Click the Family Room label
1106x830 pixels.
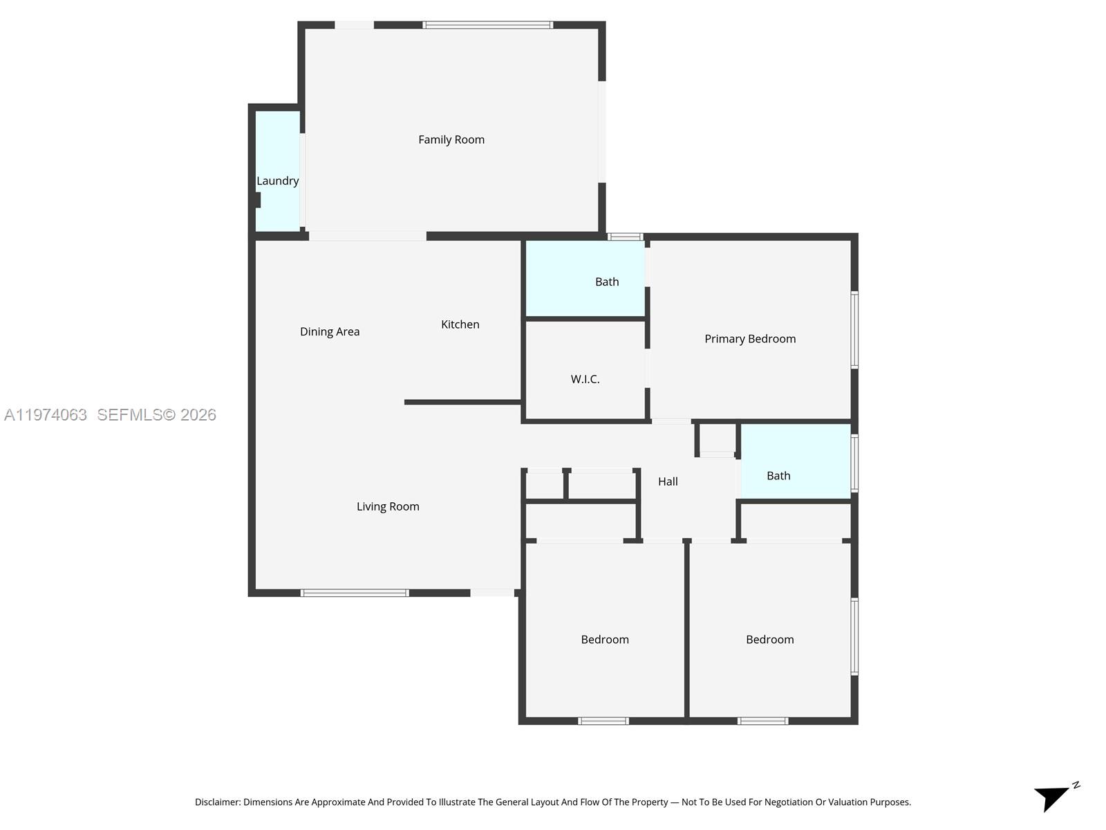451,140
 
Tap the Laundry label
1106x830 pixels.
278,181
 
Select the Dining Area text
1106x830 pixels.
330,331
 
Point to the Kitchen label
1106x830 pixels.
460,324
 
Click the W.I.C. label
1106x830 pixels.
585,379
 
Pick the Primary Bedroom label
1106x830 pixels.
750,339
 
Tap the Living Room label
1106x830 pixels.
388,506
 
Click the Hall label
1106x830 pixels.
668,481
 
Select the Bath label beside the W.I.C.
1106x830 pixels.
607,282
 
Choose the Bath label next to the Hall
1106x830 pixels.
778,476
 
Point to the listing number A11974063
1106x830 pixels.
46,415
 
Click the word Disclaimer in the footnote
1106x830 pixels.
218,802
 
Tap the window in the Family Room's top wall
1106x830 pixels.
487,25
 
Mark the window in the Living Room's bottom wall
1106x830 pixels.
355,593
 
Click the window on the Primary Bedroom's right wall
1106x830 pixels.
854,330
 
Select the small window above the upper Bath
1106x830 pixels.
625,237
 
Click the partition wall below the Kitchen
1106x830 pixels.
462,402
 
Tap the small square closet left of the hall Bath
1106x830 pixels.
717,439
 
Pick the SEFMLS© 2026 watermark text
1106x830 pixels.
156,415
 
